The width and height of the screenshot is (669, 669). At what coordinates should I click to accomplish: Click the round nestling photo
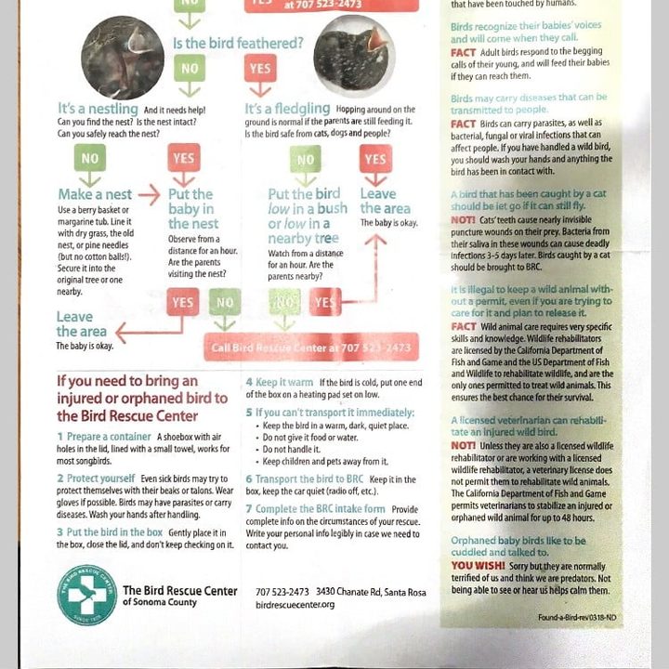(122, 58)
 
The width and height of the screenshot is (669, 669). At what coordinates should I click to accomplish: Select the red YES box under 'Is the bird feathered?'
(260, 69)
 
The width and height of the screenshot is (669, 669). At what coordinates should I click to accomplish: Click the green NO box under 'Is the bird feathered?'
(190, 69)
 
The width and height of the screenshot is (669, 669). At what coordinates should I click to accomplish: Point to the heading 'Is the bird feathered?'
(238, 43)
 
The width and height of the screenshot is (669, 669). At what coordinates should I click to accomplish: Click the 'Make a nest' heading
(95, 195)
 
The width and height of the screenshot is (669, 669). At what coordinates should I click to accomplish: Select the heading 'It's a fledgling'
(287, 110)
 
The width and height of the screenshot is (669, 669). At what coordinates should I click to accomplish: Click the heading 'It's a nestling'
(99, 110)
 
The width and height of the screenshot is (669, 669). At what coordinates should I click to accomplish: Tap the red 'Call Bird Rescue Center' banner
(310, 348)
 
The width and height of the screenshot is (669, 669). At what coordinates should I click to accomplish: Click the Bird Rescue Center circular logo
(86, 595)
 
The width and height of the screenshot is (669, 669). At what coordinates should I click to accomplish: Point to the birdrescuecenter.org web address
(295, 605)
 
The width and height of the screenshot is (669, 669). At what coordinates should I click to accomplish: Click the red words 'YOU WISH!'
(478, 566)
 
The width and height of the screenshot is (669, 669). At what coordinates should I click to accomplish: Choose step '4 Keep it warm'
(280, 383)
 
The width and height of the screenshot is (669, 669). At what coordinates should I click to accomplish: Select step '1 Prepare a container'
(105, 437)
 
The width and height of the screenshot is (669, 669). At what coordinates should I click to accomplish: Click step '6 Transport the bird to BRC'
(305, 479)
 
